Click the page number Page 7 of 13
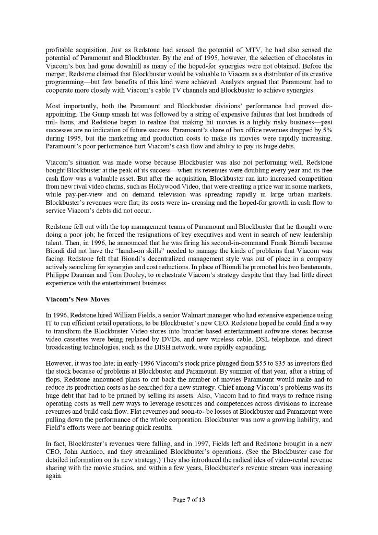click(x=188, y=500)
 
